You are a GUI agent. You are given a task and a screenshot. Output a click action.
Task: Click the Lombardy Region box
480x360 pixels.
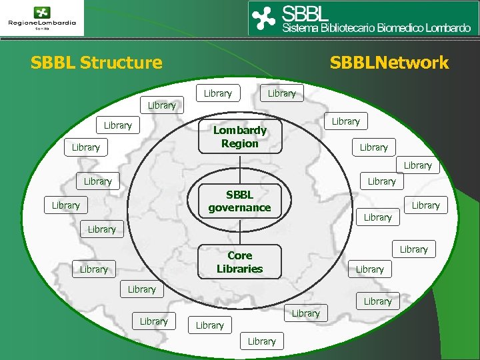[x=240, y=137]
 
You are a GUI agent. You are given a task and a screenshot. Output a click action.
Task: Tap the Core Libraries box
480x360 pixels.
[x=240, y=262]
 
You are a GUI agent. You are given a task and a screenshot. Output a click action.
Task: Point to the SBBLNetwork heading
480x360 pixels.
[x=389, y=63]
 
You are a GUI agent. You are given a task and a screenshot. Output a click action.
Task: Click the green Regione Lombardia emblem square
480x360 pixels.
[x=42, y=12]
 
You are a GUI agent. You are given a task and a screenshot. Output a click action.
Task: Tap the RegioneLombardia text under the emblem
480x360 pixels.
[x=42, y=23]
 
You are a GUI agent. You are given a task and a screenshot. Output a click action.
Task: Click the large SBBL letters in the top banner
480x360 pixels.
[x=306, y=13]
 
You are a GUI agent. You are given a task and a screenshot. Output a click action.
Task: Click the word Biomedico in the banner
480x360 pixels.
[x=399, y=29]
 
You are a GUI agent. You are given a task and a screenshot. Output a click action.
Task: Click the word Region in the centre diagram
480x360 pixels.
[x=240, y=144]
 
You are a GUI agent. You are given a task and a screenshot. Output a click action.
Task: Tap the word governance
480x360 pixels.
[x=239, y=208]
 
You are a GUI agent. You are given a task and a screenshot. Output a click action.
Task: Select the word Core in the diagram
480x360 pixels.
[x=240, y=255]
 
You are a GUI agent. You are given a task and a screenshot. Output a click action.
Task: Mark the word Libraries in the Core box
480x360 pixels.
[x=240, y=269]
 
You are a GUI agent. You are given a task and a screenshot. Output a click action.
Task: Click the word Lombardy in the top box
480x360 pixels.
[x=240, y=130]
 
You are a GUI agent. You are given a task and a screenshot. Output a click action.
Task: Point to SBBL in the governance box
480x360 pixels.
[x=239, y=195]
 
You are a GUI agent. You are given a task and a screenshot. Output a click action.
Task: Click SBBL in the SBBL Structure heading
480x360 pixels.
[x=53, y=63]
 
